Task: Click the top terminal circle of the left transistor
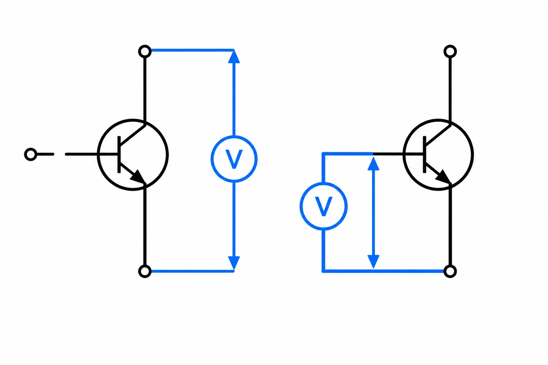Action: (x=145, y=52)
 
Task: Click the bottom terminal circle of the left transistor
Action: (x=145, y=271)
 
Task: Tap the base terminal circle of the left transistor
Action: (x=31, y=154)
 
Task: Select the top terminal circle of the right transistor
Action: (x=450, y=52)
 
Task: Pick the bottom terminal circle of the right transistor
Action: (x=450, y=271)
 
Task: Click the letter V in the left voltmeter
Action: (x=234, y=159)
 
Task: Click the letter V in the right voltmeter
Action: (x=324, y=206)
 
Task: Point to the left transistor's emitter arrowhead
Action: (x=138, y=177)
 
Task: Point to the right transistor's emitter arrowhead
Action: (x=444, y=177)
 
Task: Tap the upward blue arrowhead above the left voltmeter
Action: (x=234, y=56)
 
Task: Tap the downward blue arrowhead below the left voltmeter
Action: (x=234, y=263)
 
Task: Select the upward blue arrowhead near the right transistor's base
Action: (x=374, y=164)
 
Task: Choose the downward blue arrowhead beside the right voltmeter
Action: (x=374, y=262)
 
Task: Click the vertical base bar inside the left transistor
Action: (x=119, y=154)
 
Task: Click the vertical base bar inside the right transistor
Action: (x=425, y=154)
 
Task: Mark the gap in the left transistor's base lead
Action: (x=60, y=154)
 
